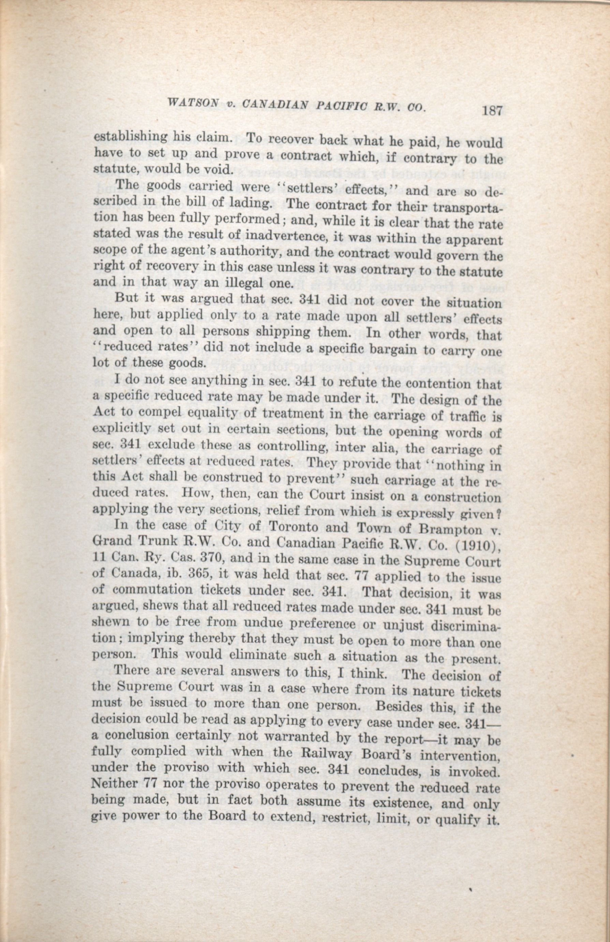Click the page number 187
(492, 110)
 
